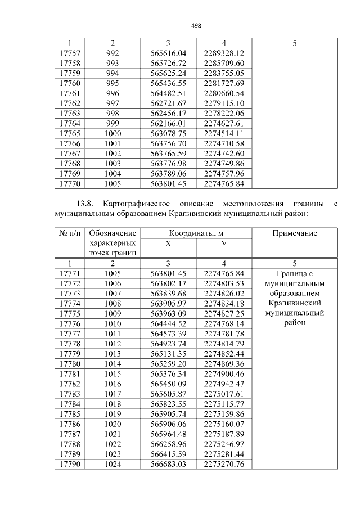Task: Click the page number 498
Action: (196, 25)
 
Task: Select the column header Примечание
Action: (295, 233)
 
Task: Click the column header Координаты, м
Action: (196, 233)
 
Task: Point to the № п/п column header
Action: (69, 233)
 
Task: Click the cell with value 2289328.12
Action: (224, 53)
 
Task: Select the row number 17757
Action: (69, 53)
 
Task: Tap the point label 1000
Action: (112, 133)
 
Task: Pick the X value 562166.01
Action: (168, 123)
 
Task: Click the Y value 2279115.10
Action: (224, 103)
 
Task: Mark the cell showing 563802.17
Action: (168, 283)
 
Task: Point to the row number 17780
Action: (69, 364)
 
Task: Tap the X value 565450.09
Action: (168, 384)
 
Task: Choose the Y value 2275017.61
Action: (224, 394)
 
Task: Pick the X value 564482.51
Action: (168, 93)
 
